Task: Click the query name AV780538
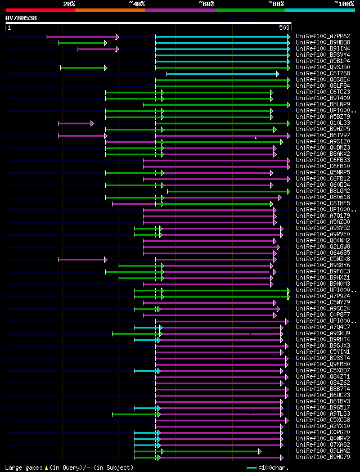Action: point(21,18)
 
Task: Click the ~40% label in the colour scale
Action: point(137,3)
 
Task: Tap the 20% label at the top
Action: point(69,3)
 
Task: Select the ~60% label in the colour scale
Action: point(206,3)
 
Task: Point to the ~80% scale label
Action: point(276,3)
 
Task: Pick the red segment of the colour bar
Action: point(40,10)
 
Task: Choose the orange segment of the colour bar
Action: point(110,10)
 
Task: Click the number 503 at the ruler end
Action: point(283,28)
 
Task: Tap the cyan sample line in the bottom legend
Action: point(251,467)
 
